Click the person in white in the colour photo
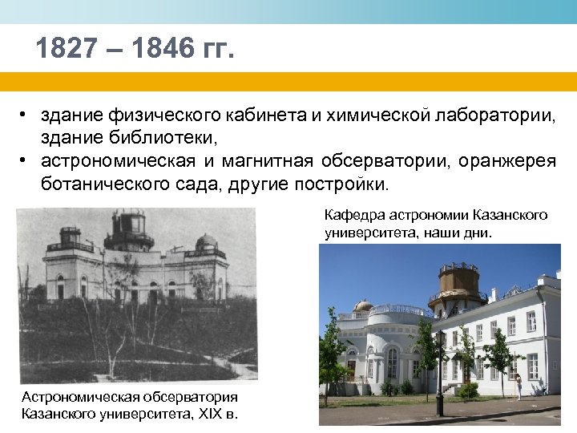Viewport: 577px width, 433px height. (x=518, y=386)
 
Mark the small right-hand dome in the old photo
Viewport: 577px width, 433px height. (x=206, y=241)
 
